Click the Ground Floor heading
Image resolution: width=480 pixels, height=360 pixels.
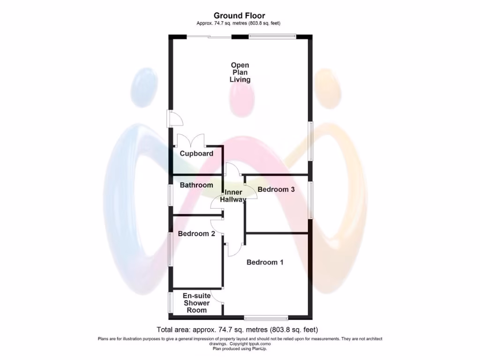point(240,15)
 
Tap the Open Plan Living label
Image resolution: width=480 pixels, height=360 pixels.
point(240,72)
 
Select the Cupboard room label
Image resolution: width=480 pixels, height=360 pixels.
point(196,153)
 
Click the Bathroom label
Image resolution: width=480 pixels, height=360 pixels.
point(196,185)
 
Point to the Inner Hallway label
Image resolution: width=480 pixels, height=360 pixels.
point(233,196)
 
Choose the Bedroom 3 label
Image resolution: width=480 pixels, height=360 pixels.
point(276,190)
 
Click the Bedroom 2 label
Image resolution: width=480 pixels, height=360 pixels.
point(196,233)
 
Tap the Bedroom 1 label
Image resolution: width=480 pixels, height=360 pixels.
point(265,262)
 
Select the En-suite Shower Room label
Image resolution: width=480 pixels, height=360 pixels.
point(196,303)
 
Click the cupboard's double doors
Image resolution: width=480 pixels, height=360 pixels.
point(191,140)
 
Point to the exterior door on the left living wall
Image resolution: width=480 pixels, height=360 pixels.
point(175,119)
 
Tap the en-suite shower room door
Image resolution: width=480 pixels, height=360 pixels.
point(217,295)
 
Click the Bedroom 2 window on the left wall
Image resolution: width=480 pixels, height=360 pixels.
point(171,249)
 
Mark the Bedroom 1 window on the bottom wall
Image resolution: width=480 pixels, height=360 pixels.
point(266,317)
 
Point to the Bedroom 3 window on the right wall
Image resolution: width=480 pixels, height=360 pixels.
point(310,200)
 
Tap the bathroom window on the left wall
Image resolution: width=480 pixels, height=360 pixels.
point(171,195)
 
